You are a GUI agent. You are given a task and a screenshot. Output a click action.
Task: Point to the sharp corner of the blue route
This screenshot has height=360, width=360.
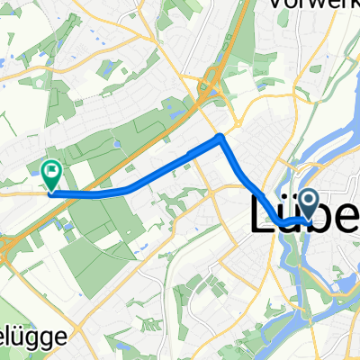221,137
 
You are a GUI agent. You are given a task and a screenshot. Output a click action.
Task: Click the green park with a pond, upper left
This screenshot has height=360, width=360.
108,67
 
